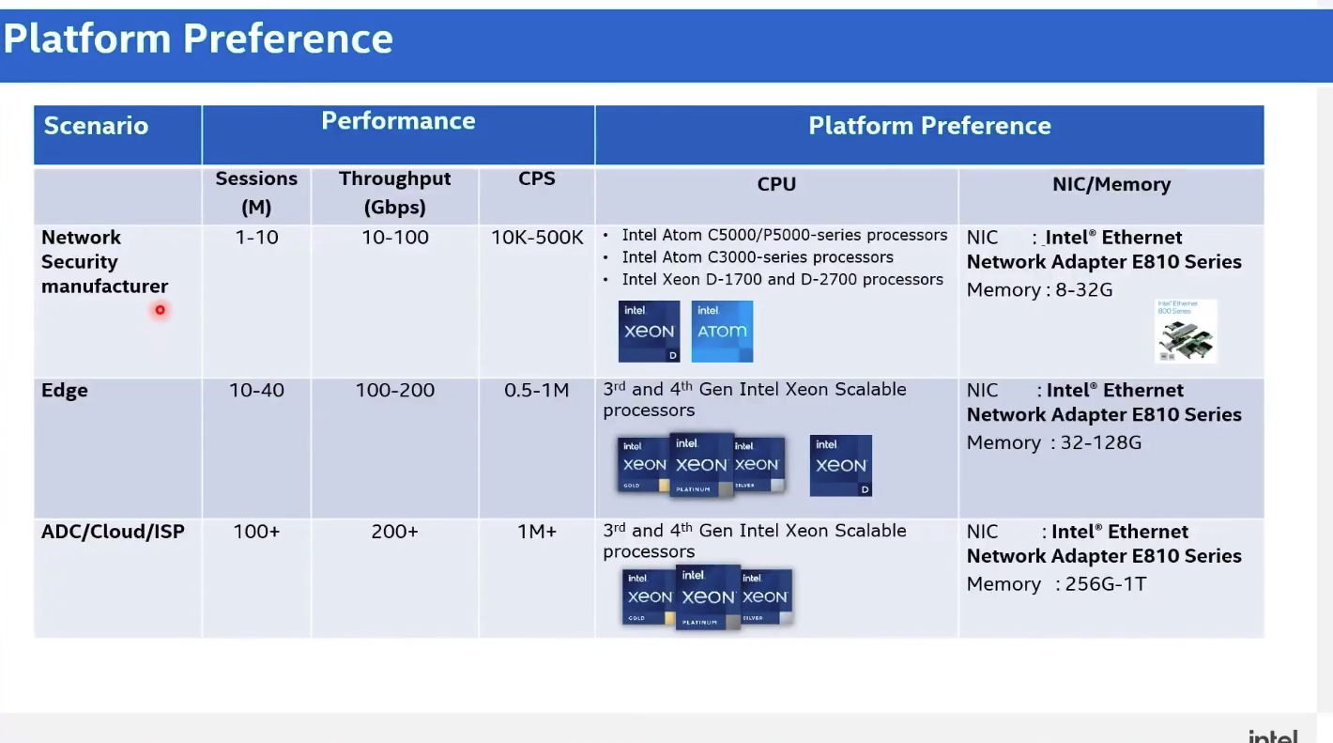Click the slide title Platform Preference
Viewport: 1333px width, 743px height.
(198, 39)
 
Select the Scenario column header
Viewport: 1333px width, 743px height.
(96, 126)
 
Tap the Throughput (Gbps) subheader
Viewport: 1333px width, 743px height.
(394, 193)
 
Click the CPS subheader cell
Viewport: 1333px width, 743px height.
(536, 178)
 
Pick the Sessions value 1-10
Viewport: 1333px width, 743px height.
(256, 238)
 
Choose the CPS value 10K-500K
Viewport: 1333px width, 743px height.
(537, 238)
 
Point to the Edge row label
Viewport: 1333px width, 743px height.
(65, 391)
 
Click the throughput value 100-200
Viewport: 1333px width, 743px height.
(394, 390)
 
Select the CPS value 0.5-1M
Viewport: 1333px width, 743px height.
(536, 390)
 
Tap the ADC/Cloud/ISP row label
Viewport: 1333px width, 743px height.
(113, 532)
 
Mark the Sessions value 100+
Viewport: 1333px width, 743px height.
(256, 532)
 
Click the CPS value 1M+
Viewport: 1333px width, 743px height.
(536, 532)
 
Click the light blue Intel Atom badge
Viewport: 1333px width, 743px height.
(722, 332)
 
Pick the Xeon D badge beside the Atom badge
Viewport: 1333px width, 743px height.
(649, 332)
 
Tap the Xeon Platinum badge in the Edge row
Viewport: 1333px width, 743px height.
(701, 464)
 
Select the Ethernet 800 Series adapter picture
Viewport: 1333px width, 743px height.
(1186, 332)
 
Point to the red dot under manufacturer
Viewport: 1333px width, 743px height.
(161, 310)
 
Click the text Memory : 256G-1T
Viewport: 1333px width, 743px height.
(1056, 584)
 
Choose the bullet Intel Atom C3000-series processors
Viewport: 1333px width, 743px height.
(757, 257)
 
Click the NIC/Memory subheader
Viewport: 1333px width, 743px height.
(1111, 184)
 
